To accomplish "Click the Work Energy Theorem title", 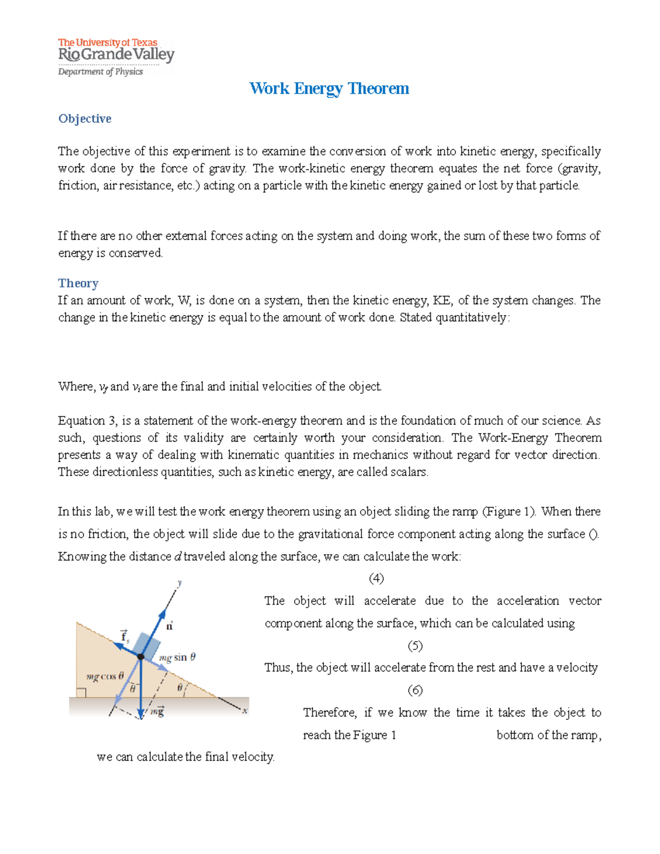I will tap(329, 89).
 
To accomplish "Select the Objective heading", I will tap(85, 119).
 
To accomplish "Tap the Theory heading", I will tap(78, 283).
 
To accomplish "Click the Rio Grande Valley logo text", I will tap(116, 54).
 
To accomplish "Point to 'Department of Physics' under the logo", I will tap(101, 71).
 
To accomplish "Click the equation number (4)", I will tap(376, 578).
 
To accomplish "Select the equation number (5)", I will tap(415, 646).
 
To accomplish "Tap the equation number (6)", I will tap(415, 690).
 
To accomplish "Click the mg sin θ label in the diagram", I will tap(177, 657).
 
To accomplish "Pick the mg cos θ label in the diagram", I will tap(105, 677).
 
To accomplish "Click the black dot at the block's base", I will tap(141, 657).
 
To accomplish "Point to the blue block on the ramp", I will tap(146, 644).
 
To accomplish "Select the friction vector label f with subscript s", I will tap(125, 636).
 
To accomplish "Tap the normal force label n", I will tap(169, 626).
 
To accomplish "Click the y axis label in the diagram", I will tap(180, 583).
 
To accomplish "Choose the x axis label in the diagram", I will tap(245, 710).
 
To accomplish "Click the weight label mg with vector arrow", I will tap(157, 712).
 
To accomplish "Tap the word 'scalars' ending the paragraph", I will tap(409, 472).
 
